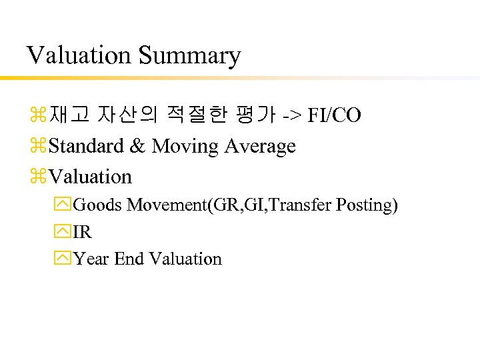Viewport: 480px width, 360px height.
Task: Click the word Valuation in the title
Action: tap(79, 55)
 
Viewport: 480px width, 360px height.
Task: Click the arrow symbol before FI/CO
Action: tap(291, 116)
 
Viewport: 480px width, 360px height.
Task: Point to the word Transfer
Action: tap(303, 205)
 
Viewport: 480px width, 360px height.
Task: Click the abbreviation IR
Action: tap(83, 232)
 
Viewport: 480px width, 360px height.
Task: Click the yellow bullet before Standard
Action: tap(39, 147)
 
